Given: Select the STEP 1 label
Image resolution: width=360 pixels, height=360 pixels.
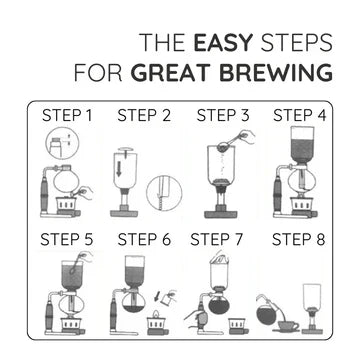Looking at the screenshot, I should tap(67, 115).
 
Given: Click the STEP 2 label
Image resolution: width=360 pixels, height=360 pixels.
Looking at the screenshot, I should tap(144, 115).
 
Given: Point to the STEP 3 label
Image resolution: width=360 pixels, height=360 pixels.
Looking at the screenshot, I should tap(223, 115).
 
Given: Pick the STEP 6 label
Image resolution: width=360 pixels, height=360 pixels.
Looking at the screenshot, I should tap(144, 239).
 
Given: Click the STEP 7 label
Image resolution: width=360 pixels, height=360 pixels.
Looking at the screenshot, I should tap(217, 239).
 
